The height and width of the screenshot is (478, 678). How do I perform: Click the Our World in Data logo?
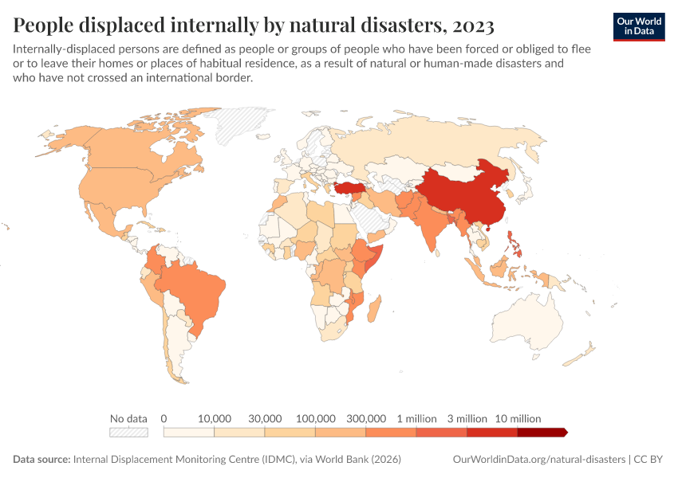(639, 25)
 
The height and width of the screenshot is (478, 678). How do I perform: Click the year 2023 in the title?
(472, 25)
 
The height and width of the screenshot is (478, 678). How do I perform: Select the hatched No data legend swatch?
(129, 433)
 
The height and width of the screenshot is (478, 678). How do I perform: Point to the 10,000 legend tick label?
(214, 418)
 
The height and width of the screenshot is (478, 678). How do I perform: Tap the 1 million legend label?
(416, 418)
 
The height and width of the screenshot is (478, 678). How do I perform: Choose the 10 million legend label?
(518, 418)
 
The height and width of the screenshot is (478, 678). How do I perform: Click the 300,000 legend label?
(366, 418)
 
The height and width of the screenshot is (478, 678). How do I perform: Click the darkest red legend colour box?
(542, 433)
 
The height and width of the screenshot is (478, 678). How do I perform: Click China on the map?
(471, 195)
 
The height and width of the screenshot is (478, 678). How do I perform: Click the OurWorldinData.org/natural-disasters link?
(538, 460)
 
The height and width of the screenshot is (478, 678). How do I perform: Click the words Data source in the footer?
(41, 460)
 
